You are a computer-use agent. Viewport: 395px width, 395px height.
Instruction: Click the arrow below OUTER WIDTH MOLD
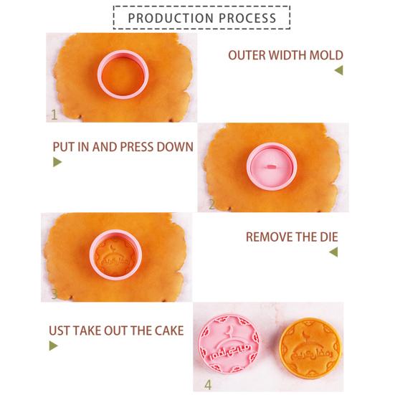pos(338,70)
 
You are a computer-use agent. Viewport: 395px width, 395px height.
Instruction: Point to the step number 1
pos(54,114)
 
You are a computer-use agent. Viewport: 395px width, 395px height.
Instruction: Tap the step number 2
pos(211,204)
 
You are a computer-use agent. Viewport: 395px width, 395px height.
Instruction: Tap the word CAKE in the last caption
pos(168,330)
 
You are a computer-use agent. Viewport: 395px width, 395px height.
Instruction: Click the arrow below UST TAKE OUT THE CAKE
pos(53,346)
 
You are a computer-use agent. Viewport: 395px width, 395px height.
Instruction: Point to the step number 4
pos(208,384)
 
